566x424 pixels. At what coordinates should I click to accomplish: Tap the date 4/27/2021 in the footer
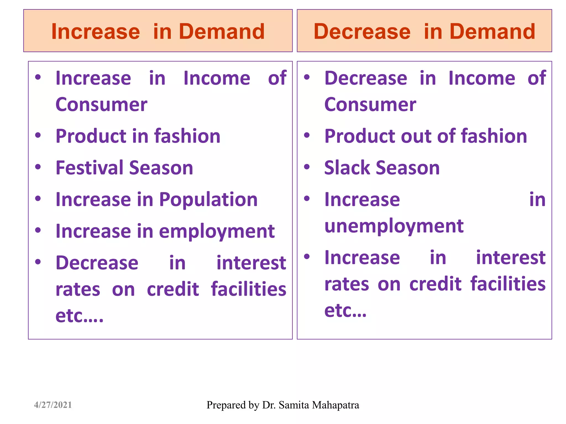click(53, 405)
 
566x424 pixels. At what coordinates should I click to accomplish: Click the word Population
click(208, 199)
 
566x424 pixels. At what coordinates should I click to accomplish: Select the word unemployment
click(394, 226)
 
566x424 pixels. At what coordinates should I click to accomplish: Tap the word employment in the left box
click(217, 231)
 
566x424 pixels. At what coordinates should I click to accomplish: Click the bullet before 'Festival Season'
click(38, 167)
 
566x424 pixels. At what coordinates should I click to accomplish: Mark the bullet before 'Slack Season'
click(307, 167)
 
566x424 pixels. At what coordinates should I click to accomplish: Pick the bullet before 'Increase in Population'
click(38, 199)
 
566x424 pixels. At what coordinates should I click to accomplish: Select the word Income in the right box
click(482, 78)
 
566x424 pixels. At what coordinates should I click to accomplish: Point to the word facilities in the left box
click(248, 289)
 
